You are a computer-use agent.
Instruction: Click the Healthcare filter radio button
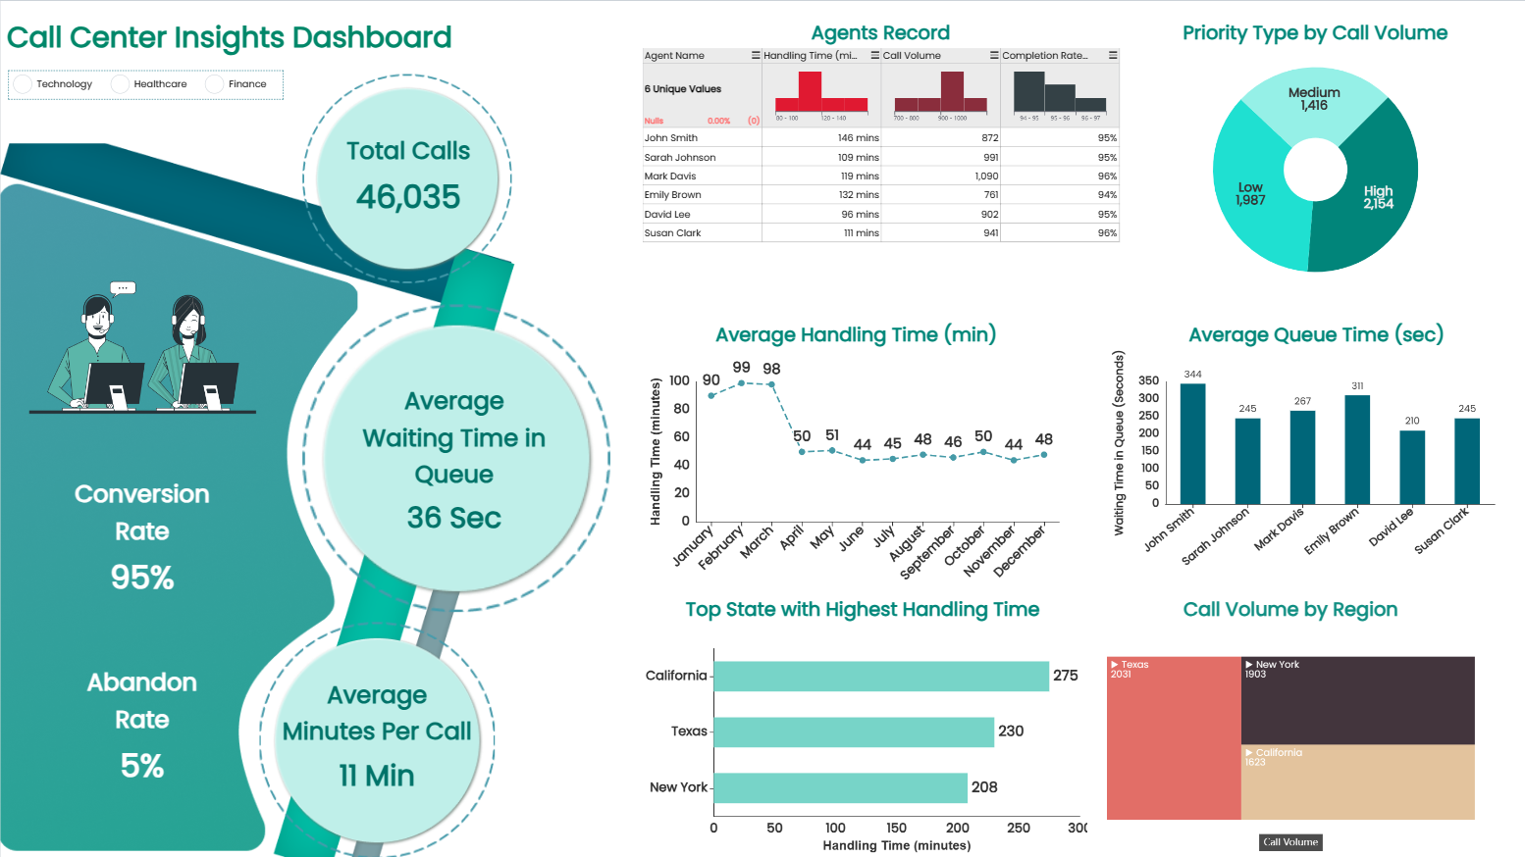coord(121,84)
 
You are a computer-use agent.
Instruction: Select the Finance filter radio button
coord(214,84)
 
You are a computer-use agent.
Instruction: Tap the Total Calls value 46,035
coord(407,197)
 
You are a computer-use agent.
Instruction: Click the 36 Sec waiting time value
coord(453,518)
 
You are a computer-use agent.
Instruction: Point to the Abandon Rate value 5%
coord(142,766)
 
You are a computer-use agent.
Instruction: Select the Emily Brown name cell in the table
coord(673,195)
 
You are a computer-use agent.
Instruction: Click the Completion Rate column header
coord(1046,56)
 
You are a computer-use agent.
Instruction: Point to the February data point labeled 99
coord(741,383)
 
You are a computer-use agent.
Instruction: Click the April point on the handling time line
coord(802,451)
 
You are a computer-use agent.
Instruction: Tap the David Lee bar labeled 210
coord(1412,467)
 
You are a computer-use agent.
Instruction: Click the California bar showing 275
coord(881,676)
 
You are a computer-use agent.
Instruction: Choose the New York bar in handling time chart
coord(840,787)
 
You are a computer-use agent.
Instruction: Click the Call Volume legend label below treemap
coord(1290,842)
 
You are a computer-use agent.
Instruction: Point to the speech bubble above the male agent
coord(123,288)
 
